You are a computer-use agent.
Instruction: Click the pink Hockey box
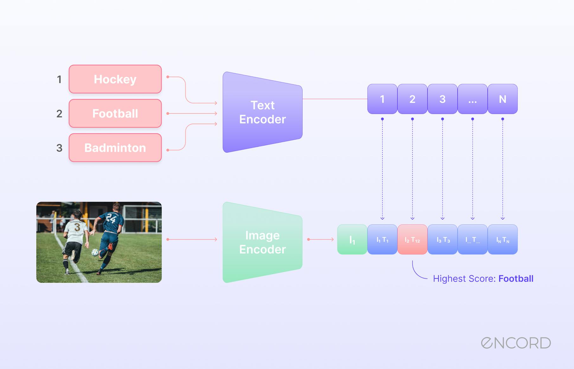(x=115, y=79)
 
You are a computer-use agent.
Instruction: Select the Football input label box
(x=115, y=113)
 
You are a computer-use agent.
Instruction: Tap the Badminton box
(x=115, y=148)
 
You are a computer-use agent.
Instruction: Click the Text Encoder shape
(x=262, y=112)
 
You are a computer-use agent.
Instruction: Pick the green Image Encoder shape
(x=262, y=242)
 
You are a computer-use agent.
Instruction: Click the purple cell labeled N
(x=502, y=99)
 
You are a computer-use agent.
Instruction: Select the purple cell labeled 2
(x=412, y=99)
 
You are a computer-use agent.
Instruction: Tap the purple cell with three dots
(x=472, y=99)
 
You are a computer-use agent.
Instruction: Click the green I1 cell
(x=352, y=240)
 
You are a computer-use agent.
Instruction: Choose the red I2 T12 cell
(x=412, y=240)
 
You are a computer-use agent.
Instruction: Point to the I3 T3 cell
(x=443, y=240)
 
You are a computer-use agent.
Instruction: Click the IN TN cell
(x=502, y=240)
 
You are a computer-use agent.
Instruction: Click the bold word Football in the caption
(x=516, y=279)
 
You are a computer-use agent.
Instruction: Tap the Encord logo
(x=516, y=343)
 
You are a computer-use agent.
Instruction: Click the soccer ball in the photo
(x=95, y=253)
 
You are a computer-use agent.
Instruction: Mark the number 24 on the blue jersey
(x=111, y=218)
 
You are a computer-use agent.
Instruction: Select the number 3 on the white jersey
(x=77, y=227)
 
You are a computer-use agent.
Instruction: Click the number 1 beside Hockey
(x=59, y=79)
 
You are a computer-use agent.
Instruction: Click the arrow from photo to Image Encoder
(x=192, y=239)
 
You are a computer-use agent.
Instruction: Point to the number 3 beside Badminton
(x=59, y=148)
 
